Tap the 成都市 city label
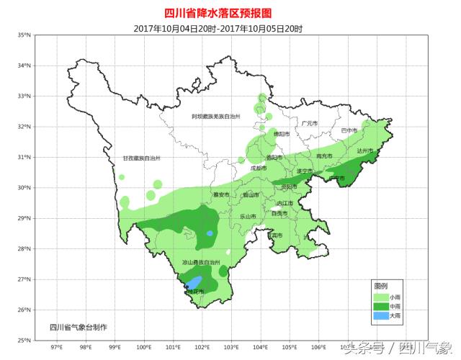tap(259, 168)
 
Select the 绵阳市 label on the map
tap(281, 134)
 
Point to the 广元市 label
tap(310, 123)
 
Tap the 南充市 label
tap(325, 156)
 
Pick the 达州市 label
tap(366, 151)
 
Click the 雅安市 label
tap(221, 194)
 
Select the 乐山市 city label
tap(248, 216)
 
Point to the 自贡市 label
tap(279, 213)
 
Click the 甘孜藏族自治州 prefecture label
tap(141, 158)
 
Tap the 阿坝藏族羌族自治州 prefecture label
tap(215, 116)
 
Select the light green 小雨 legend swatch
tap(380, 297)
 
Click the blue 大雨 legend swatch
tap(380, 315)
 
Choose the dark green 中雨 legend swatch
tap(380, 306)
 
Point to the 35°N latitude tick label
tap(24, 35)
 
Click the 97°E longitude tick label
tap(55, 347)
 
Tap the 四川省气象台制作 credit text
tap(78, 327)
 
